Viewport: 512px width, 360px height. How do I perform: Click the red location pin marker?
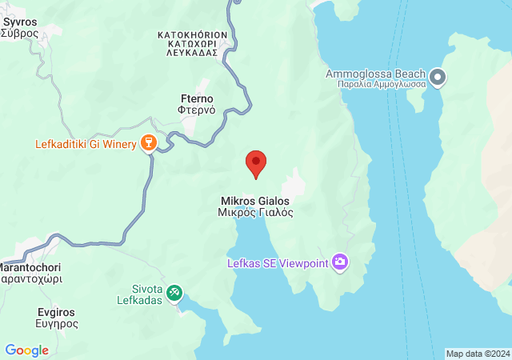click(256, 163)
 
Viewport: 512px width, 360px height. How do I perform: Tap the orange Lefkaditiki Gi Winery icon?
click(148, 144)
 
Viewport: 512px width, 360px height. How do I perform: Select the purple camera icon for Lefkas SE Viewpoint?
click(341, 262)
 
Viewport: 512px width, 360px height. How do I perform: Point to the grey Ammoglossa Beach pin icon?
click(438, 78)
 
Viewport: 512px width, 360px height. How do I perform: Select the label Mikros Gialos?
click(255, 201)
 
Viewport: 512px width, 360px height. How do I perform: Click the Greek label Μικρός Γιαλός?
click(255, 213)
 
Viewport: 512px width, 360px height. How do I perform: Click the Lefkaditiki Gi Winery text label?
click(86, 145)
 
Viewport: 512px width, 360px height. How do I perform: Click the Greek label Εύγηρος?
click(57, 324)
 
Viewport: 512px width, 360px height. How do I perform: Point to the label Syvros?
click(18, 22)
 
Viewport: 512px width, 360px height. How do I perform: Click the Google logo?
click(26, 350)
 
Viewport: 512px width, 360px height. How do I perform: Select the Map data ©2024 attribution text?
click(477, 354)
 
